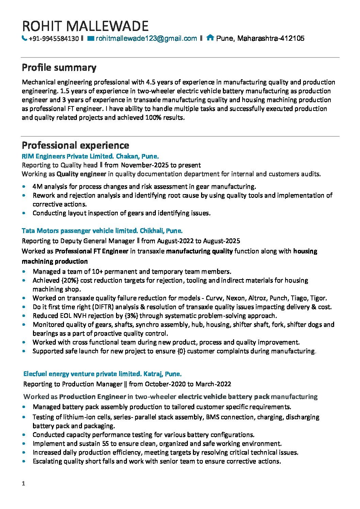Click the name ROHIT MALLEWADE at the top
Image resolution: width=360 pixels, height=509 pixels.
tap(85, 26)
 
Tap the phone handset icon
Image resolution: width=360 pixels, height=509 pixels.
tap(24, 38)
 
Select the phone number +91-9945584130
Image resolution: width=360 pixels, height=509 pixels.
tap(54, 38)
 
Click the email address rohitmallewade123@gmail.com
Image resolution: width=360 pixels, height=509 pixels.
tap(146, 38)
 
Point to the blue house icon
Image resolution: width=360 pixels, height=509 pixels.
tap(210, 38)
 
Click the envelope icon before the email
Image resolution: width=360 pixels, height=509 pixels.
tap(91, 38)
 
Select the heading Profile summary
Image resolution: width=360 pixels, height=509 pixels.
tap(59, 68)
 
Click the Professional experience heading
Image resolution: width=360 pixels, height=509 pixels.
tap(75, 146)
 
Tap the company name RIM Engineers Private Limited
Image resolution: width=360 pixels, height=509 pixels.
tap(67, 156)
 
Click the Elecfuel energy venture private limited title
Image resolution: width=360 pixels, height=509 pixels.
tap(82, 374)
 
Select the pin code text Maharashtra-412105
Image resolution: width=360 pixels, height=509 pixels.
tap(271, 38)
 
